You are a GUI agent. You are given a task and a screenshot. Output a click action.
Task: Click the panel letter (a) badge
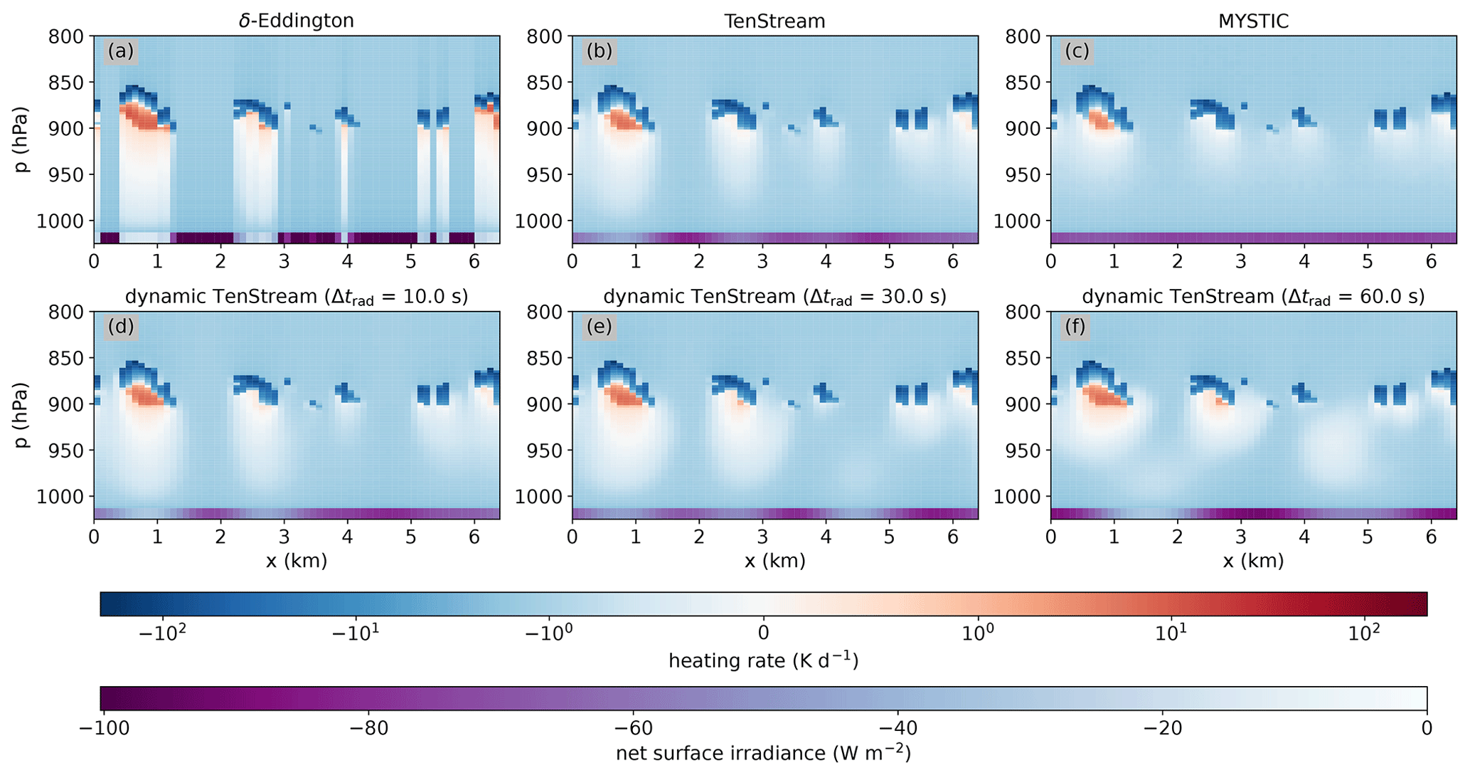click(x=121, y=51)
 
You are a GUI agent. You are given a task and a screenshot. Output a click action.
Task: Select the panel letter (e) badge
click(x=599, y=327)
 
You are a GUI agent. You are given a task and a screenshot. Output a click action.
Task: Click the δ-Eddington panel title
click(x=296, y=21)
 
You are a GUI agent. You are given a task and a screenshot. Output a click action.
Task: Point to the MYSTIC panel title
click(x=1253, y=21)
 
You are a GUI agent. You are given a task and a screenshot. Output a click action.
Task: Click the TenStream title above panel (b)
click(x=774, y=21)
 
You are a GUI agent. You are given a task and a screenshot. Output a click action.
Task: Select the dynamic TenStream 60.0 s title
click(x=1253, y=297)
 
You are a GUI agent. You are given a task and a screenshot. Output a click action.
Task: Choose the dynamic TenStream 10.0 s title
click(x=296, y=297)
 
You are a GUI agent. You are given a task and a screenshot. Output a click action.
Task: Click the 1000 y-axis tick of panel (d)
click(x=62, y=497)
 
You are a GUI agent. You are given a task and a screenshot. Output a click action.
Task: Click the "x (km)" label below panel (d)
click(x=296, y=561)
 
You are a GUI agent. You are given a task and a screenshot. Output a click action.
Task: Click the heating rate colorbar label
click(x=763, y=661)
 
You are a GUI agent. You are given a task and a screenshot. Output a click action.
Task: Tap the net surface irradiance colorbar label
click(x=763, y=753)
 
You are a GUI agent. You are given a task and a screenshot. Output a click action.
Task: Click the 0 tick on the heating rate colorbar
click(x=763, y=633)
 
